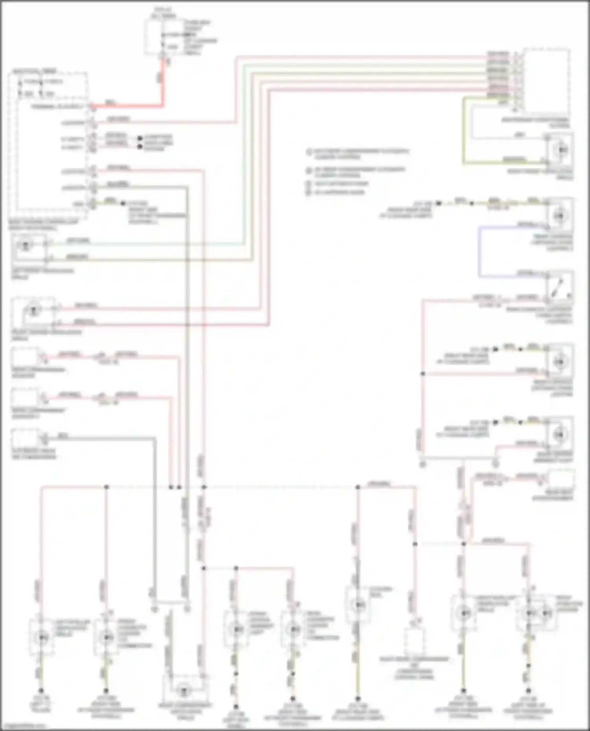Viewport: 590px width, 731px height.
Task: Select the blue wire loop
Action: [479, 251]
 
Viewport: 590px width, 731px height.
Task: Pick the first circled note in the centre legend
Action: [309, 152]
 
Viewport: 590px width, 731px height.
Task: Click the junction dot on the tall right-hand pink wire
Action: [423, 374]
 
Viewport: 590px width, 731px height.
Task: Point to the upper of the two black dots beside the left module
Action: [140, 138]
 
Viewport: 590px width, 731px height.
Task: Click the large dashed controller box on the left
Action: [49, 141]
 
